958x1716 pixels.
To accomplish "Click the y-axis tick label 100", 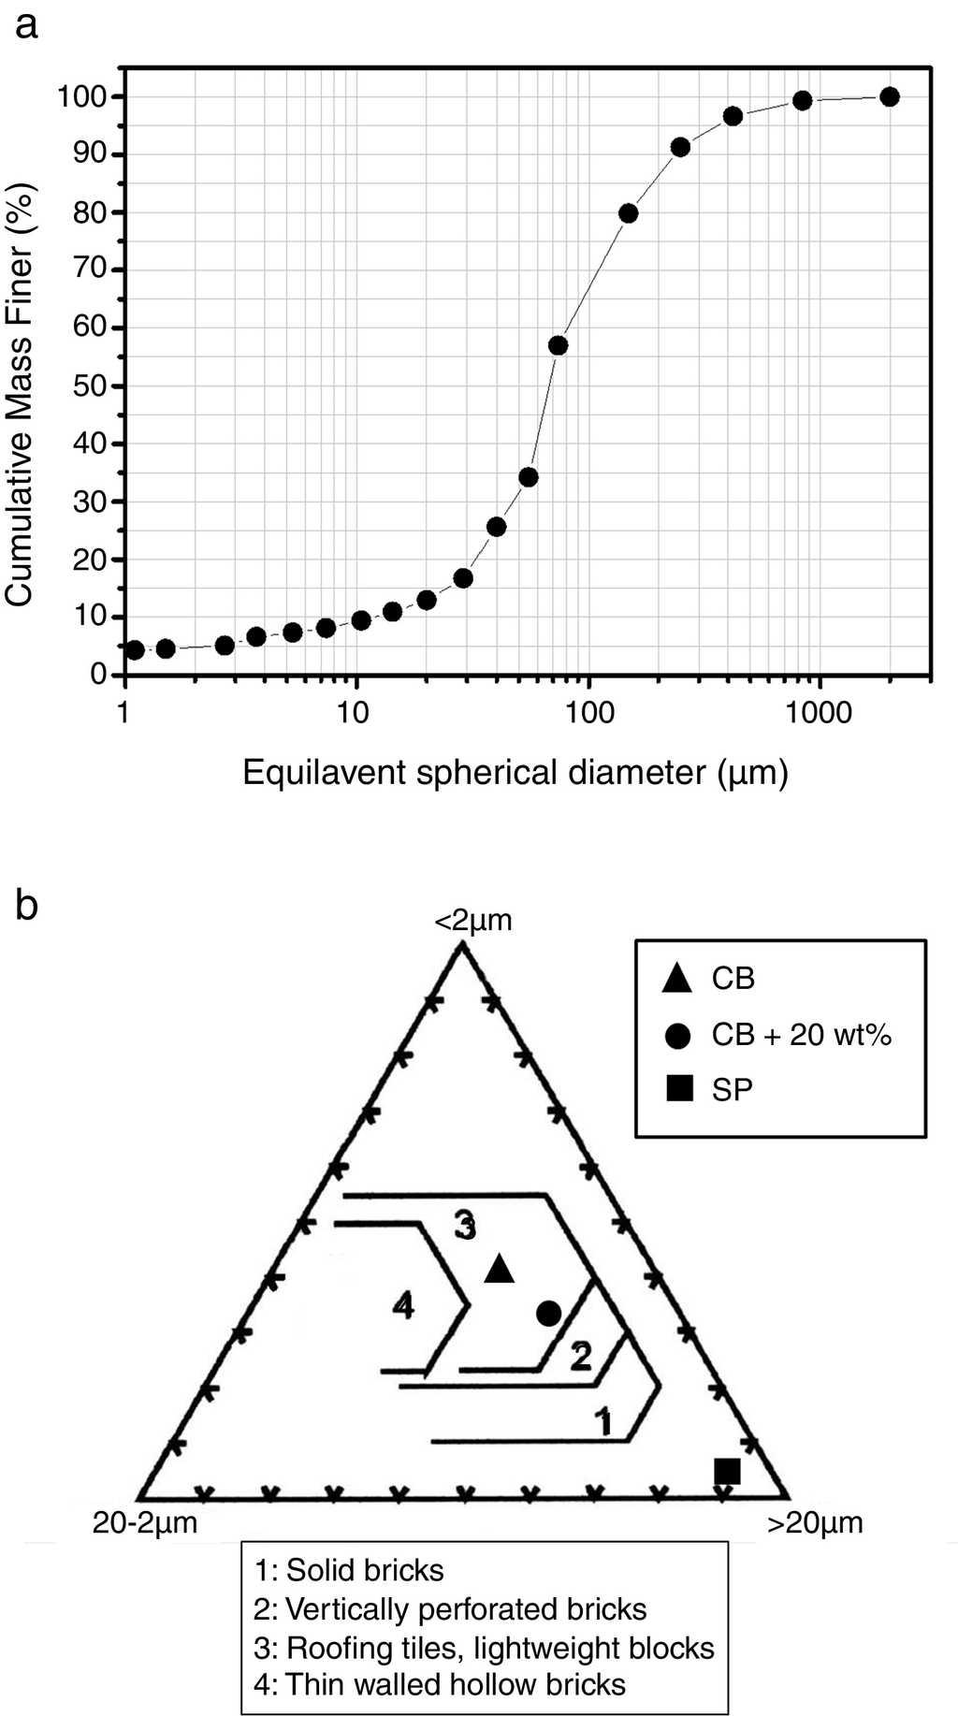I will [83, 97].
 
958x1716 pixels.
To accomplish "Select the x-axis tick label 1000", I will [820, 713].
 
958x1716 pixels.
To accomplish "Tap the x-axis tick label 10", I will [356, 713].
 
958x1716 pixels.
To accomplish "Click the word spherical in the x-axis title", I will [487, 773].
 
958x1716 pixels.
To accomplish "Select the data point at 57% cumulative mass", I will [559, 345].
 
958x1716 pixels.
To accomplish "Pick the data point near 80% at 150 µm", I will [629, 213].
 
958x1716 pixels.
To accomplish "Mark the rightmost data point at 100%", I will [890, 97].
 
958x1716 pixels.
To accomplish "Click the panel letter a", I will [27, 25].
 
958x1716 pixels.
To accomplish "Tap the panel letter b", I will [27, 905].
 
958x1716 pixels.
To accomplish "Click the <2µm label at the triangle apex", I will [473, 921].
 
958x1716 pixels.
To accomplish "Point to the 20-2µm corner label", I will [145, 1522].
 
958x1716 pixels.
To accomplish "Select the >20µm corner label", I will [815, 1523].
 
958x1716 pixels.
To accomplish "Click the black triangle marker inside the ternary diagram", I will [500, 1268].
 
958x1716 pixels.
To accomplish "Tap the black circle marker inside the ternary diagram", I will [548, 1313].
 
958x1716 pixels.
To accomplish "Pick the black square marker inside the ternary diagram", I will [727, 1471].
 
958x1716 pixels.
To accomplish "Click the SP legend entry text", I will [732, 1089].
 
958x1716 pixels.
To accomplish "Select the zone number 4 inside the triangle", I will [403, 1304].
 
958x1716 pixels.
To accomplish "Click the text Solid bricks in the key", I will [365, 1569].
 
